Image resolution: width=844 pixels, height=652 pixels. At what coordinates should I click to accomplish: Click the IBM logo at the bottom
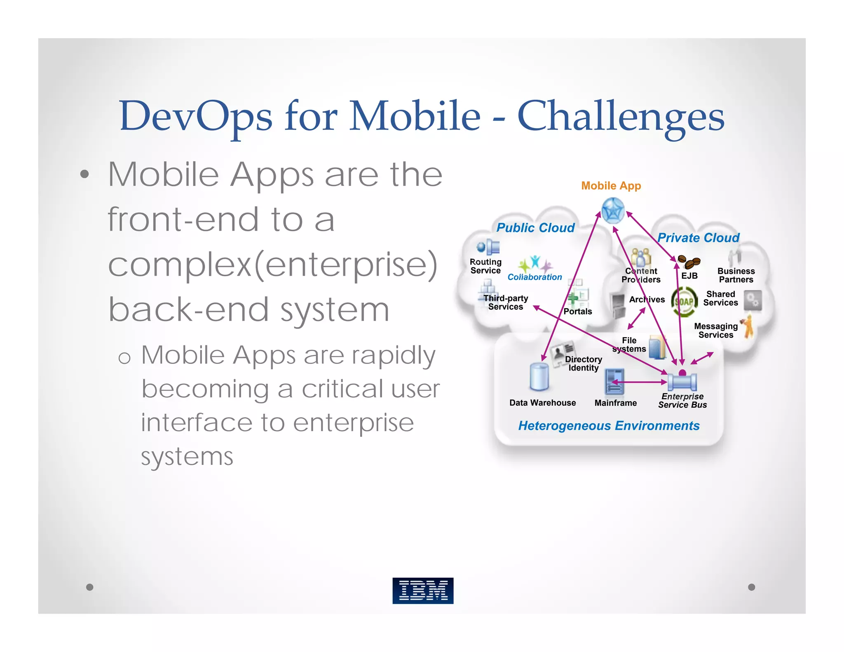tap(423, 590)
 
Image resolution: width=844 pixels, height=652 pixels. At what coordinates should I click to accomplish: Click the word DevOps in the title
tap(195, 116)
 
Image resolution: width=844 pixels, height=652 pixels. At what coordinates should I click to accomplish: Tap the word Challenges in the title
tap(621, 116)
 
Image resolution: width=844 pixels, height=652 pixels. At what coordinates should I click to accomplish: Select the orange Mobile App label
tap(611, 186)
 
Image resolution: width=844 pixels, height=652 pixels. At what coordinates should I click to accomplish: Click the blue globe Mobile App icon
tap(613, 211)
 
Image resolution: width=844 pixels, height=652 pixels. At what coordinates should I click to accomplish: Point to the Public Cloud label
tap(535, 227)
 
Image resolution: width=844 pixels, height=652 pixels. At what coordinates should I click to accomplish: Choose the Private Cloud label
tap(698, 238)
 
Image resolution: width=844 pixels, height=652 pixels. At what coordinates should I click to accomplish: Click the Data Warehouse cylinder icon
tap(539, 377)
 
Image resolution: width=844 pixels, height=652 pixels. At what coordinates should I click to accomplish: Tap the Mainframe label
tap(615, 403)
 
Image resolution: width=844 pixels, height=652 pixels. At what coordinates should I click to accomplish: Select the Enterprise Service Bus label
tap(682, 401)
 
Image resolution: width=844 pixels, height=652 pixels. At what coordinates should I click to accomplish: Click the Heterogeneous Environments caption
tap(609, 426)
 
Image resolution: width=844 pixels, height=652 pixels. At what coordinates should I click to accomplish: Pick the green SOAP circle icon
tap(684, 302)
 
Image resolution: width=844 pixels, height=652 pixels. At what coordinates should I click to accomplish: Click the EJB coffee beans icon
tap(689, 261)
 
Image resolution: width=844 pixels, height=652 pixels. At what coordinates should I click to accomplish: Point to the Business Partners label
tap(736, 275)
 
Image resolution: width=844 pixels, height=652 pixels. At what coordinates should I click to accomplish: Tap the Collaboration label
tap(535, 277)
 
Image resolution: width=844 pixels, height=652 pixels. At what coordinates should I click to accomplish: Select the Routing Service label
tap(485, 266)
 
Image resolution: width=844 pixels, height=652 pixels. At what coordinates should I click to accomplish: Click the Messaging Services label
tap(716, 331)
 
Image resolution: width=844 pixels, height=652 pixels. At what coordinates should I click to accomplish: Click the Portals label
tap(577, 312)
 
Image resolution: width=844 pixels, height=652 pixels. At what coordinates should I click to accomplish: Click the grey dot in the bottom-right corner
tap(751, 587)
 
